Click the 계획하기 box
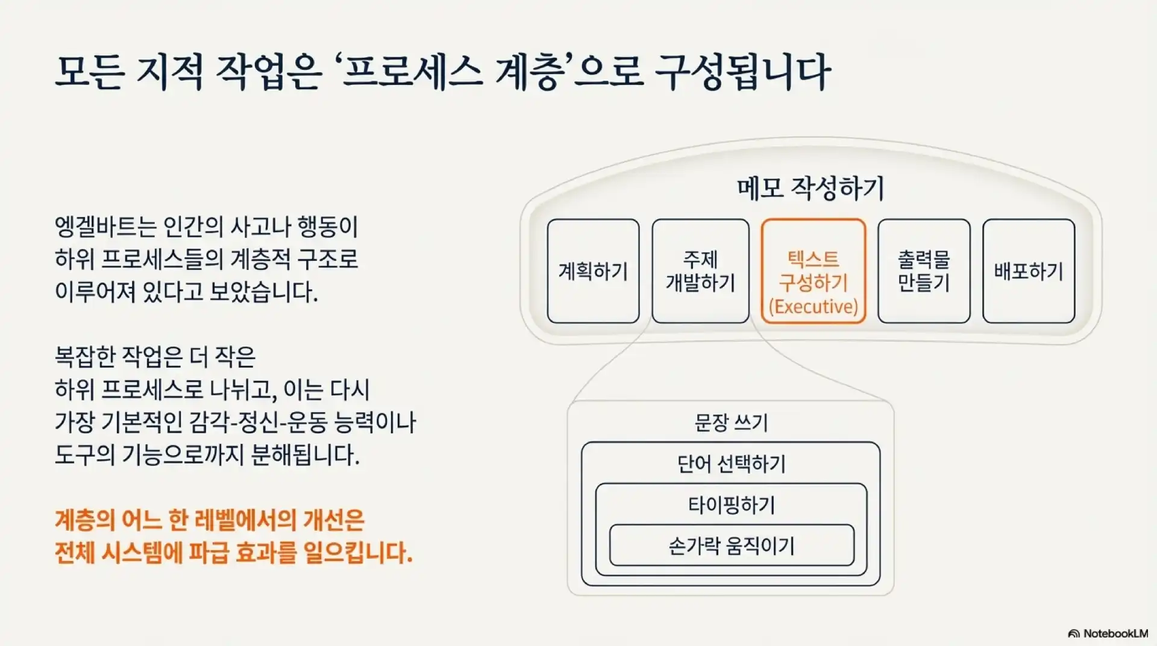point(593,271)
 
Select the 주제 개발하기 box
point(700,271)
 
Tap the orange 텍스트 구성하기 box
point(813,271)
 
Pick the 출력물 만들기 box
point(923,271)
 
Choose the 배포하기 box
point(1028,271)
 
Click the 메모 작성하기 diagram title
point(811,189)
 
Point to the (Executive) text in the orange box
point(813,307)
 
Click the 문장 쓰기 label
point(731,422)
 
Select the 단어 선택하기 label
point(731,464)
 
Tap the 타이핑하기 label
point(731,505)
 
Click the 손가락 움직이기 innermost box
point(731,546)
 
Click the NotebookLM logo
point(1108,633)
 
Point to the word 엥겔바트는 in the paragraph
point(106,227)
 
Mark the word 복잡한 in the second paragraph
point(84,357)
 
